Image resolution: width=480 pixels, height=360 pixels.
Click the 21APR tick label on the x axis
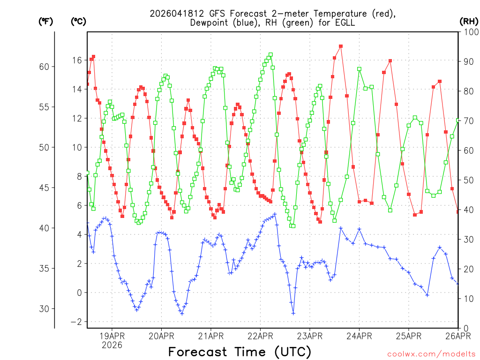tap(210, 336)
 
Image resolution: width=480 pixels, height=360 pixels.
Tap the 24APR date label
tap(359, 336)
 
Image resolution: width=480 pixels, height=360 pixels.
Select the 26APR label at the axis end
tap(457, 336)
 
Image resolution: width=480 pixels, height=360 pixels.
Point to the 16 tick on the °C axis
tap(76, 60)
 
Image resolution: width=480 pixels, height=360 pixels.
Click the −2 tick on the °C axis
tap(76, 322)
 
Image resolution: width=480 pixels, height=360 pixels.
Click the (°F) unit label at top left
tap(45, 22)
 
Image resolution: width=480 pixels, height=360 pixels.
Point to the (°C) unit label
tap(78, 22)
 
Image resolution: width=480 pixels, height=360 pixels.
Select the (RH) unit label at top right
tap(469, 22)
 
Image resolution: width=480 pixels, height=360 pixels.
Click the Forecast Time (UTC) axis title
tap(240, 352)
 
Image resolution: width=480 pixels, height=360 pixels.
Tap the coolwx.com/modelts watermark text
tap(432, 353)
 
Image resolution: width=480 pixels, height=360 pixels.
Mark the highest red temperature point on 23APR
tap(341, 46)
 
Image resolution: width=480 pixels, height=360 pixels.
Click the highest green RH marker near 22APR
tap(270, 55)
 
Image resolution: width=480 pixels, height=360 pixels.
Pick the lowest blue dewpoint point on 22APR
tap(293, 314)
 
